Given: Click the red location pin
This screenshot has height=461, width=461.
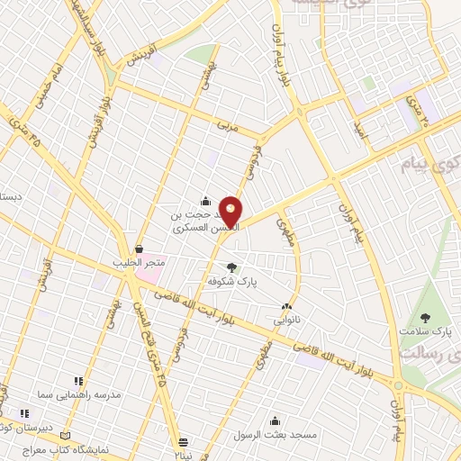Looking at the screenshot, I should point(231,211).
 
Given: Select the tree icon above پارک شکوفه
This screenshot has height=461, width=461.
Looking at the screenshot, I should point(232,267).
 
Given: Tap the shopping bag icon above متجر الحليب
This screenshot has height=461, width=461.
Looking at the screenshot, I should point(139,249).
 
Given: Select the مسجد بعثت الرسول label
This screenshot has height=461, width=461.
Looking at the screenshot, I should point(278,434).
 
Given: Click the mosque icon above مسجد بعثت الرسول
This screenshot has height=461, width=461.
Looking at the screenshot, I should point(276,420).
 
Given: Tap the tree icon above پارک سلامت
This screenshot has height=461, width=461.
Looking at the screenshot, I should point(425,317).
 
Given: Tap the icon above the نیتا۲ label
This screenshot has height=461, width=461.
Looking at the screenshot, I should point(183,441).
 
